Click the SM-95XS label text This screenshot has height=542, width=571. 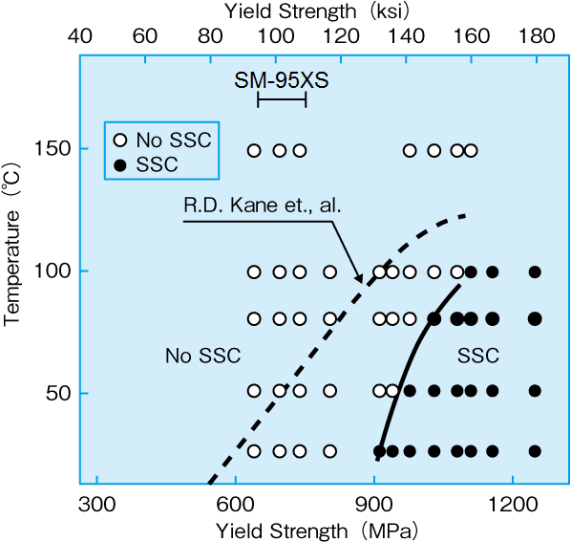click(282, 80)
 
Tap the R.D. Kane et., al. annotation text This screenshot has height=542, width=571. click(249, 206)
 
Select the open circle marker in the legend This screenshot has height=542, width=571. click(120, 141)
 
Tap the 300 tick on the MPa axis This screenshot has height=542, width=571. click(95, 503)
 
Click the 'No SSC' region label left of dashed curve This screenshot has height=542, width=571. click(202, 357)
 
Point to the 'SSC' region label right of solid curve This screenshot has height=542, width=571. click(478, 357)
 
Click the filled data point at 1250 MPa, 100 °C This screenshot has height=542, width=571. click(535, 272)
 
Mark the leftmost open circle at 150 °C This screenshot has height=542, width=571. click(254, 150)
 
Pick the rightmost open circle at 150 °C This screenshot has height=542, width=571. click(470, 150)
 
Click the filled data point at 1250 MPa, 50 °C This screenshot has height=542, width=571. click(535, 391)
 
